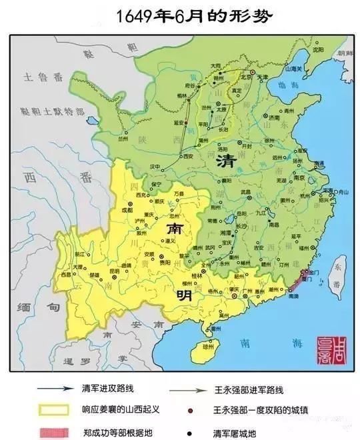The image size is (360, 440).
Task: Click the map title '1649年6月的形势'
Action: [x=179, y=16]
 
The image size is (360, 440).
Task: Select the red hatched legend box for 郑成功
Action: [x=56, y=429]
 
